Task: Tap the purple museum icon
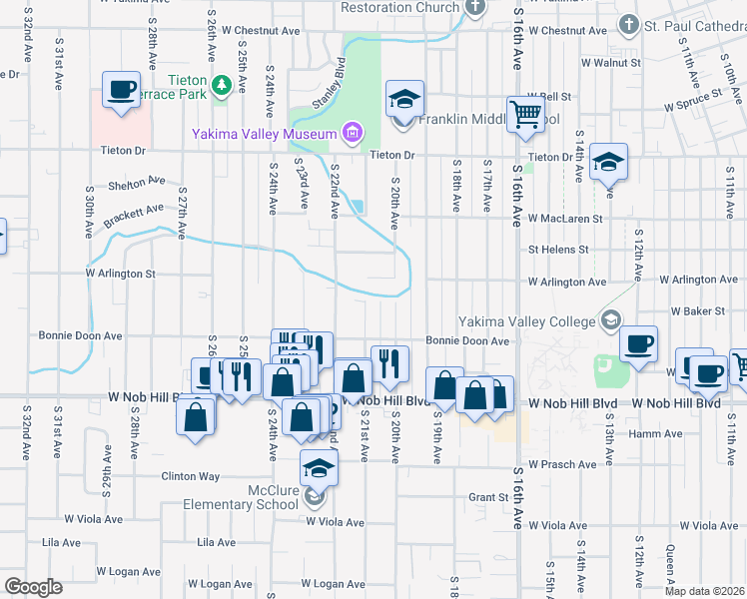point(352,132)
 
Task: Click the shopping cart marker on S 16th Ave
point(525,113)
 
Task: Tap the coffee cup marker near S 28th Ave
point(121,90)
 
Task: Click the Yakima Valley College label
point(525,321)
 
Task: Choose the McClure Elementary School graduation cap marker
point(319,467)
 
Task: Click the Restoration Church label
point(399,7)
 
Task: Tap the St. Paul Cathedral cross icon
point(628,24)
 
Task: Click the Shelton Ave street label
point(138,183)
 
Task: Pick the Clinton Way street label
point(191,476)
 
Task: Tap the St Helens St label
point(559,250)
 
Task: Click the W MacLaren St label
point(565,218)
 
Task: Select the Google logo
point(34,586)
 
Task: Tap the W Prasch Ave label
point(563,464)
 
